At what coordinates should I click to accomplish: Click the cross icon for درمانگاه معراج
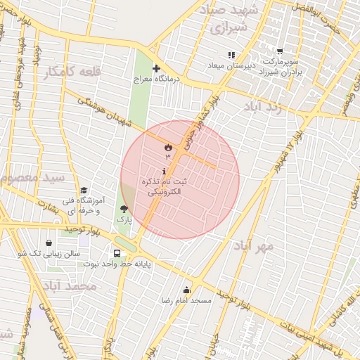point(156,68)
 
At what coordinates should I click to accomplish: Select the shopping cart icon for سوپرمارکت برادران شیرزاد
point(280,51)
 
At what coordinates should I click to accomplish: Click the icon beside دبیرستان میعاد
point(231,55)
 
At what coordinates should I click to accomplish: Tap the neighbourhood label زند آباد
point(264,106)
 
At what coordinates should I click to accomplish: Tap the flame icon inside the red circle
point(168,148)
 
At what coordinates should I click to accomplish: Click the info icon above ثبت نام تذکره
point(165,172)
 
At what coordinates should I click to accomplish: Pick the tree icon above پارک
point(124,209)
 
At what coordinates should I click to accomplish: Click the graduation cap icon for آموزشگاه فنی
point(84,191)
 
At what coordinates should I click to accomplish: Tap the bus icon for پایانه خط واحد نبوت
point(117,253)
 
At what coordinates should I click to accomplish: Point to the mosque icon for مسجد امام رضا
point(186,290)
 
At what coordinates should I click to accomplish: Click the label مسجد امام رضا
point(186,300)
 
